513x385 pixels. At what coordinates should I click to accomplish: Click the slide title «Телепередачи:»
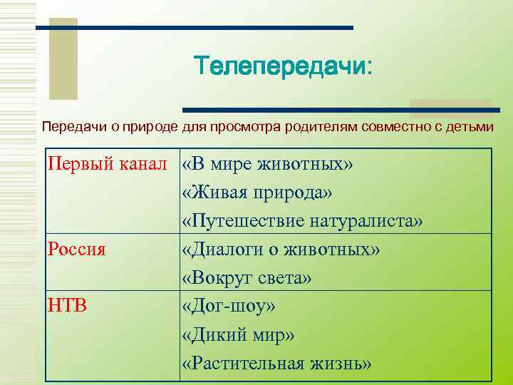click(284, 68)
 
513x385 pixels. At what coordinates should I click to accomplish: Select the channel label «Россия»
click(76, 250)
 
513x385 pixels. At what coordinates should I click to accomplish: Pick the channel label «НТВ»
click(68, 306)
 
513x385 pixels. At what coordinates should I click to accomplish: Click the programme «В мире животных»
click(267, 165)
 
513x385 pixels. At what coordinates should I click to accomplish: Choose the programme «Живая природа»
click(257, 193)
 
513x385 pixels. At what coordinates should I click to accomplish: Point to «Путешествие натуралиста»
click(302, 222)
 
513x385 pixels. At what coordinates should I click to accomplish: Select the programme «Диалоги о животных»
click(281, 250)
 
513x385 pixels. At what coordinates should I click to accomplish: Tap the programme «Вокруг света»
click(247, 278)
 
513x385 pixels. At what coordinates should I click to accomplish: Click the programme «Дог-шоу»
click(228, 306)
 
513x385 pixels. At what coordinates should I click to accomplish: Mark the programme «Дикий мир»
click(238, 334)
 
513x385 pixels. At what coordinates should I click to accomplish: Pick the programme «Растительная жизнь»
click(276, 363)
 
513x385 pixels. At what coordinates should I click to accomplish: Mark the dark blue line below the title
click(341, 110)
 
